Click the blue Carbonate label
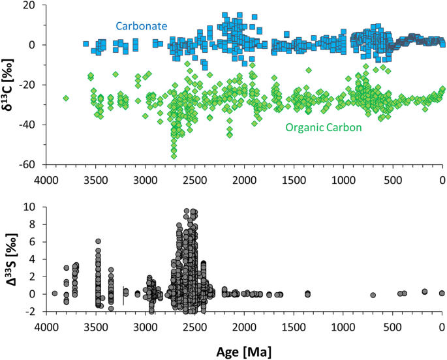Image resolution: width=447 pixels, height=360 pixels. [142, 26]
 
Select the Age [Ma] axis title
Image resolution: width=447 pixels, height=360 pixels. [243, 351]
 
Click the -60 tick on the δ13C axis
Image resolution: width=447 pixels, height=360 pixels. [30, 165]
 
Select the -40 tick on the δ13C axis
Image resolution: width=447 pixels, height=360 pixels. [30, 125]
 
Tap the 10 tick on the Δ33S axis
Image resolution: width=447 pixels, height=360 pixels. [31, 207]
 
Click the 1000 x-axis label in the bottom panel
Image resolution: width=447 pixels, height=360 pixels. [343, 327]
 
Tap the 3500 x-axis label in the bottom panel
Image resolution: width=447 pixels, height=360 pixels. [95, 327]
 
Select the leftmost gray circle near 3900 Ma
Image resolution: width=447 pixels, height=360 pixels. [55, 293]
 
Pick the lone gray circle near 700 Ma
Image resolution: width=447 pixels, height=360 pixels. [373, 295]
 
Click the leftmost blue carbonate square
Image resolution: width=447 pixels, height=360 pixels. [85, 44]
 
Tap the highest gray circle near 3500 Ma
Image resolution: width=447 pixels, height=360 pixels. [99, 241]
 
